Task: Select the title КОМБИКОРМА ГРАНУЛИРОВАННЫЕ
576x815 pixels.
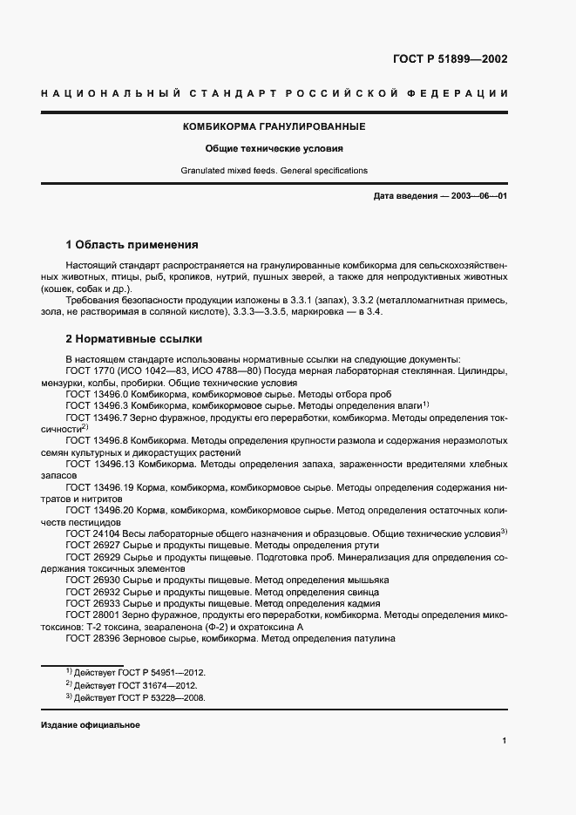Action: tap(274, 126)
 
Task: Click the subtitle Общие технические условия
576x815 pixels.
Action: tap(274, 148)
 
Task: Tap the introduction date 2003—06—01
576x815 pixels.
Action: tap(477, 196)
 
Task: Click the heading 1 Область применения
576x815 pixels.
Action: tap(132, 244)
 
